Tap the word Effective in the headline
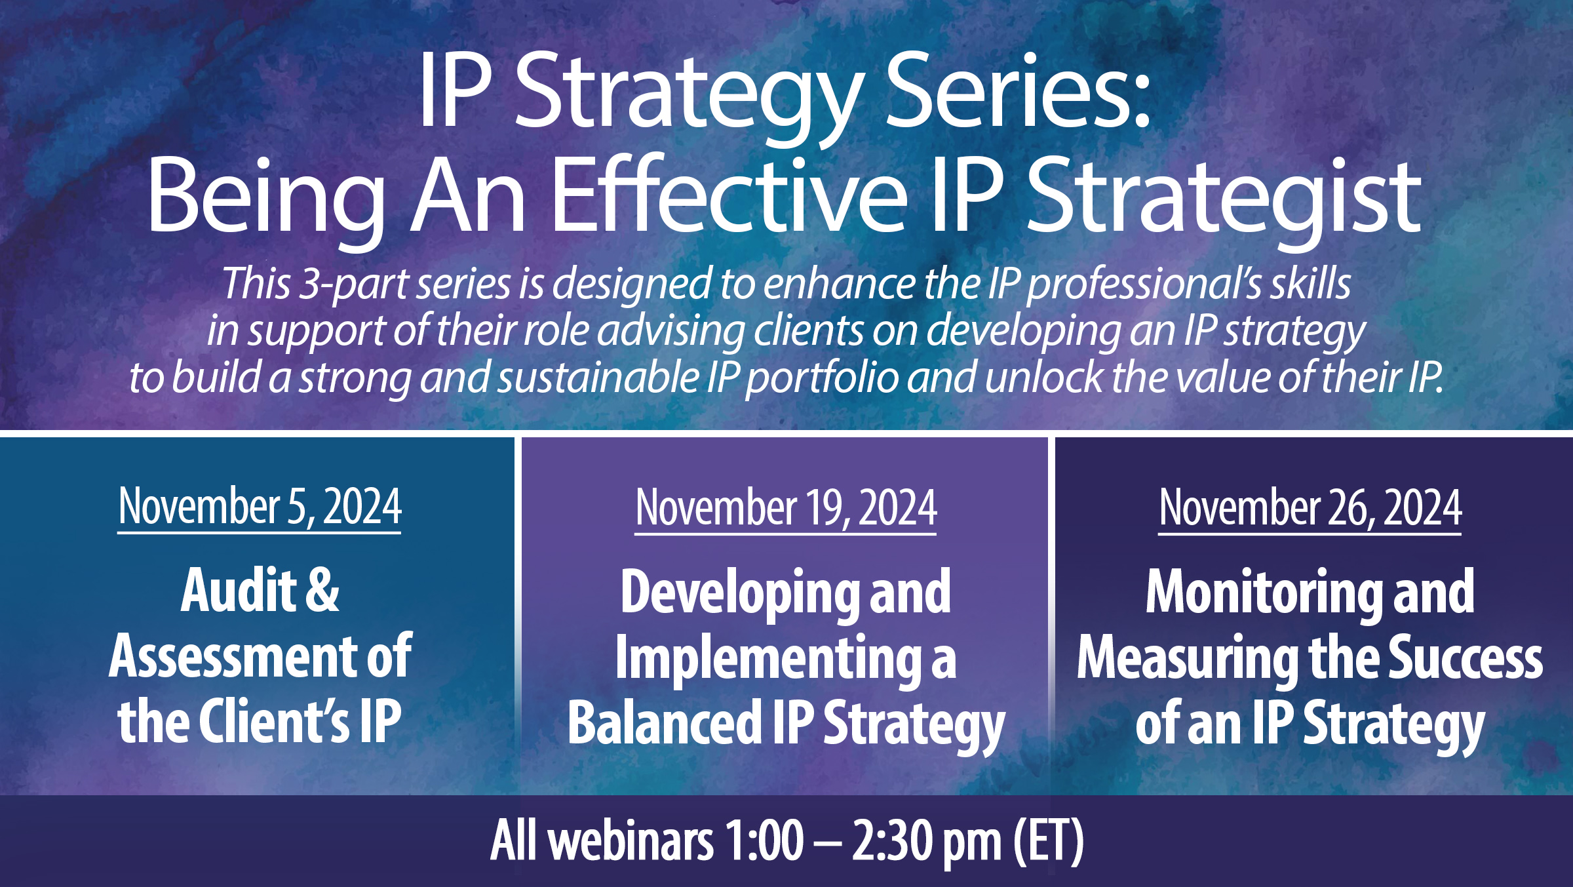[729, 197]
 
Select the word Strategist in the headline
[1223, 197]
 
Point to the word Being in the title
[266, 197]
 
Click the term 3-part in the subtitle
[355, 285]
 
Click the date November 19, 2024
[786, 508]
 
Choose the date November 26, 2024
[1310, 508]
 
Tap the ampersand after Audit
[322, 591]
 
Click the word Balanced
[664, 723]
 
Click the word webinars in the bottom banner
[631, 841]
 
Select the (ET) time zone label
[1048, 841]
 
